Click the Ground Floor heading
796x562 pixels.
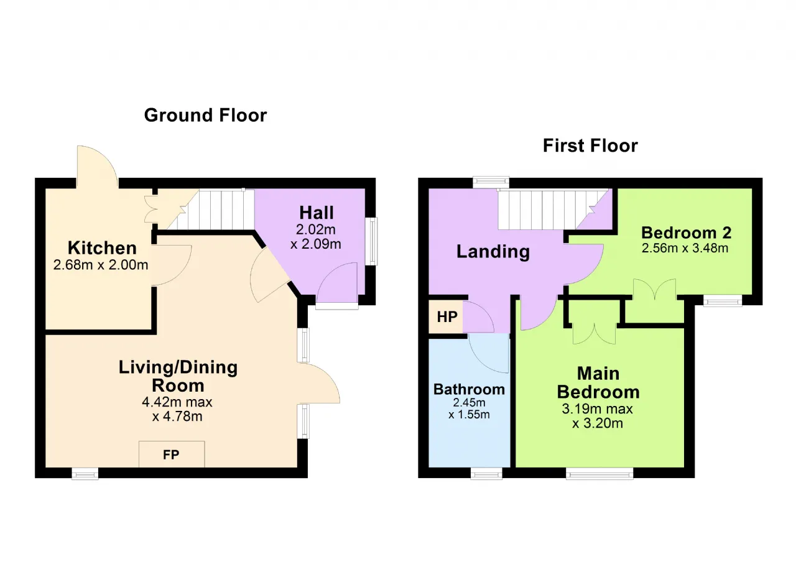(205, 116)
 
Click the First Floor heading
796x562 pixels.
(590, 145)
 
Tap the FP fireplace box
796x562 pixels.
(172, 454)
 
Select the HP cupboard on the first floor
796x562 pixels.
(446, 317)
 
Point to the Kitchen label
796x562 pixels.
(103, 248)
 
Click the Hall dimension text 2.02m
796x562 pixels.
(316, 229)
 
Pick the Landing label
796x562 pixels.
(493, 252)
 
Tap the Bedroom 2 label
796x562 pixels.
(686, 233)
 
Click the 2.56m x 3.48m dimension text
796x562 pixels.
(685, 248)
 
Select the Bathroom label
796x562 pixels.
(469, 389)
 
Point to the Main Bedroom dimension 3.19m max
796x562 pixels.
(597, 409)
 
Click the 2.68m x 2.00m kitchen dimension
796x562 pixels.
(101, 265)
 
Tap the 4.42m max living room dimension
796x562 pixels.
(177, 402)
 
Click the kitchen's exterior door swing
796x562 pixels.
(98, 166)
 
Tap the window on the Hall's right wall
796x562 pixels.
(372, 241)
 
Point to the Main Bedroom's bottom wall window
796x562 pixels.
(599, 474)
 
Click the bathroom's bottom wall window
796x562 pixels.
(486, 474)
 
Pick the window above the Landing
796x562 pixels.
(491, 182)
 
